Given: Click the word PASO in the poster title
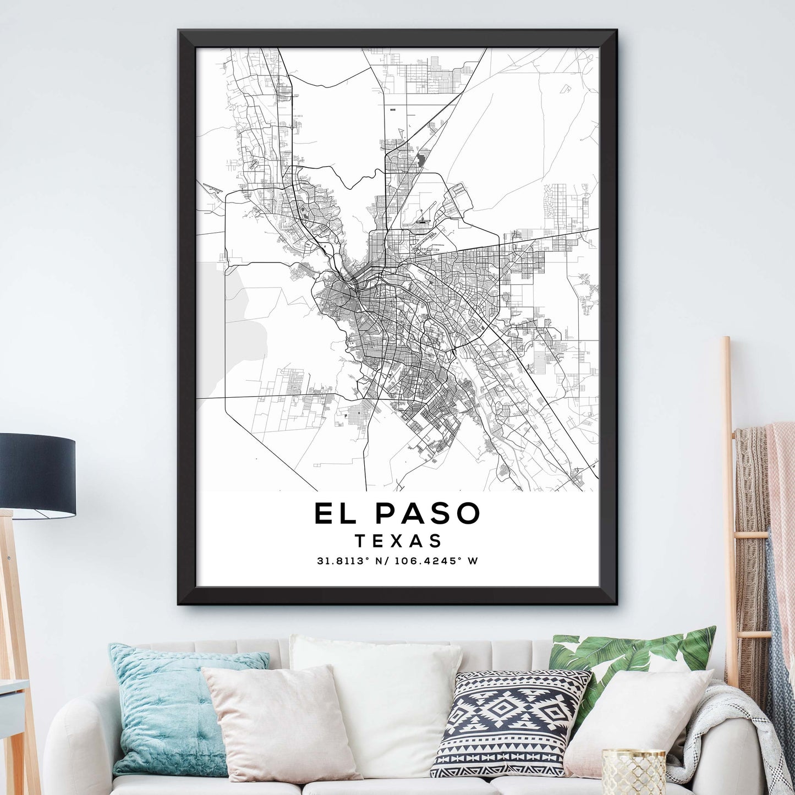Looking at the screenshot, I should coord(428,513).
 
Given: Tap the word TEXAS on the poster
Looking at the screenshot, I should coord(398,541).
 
